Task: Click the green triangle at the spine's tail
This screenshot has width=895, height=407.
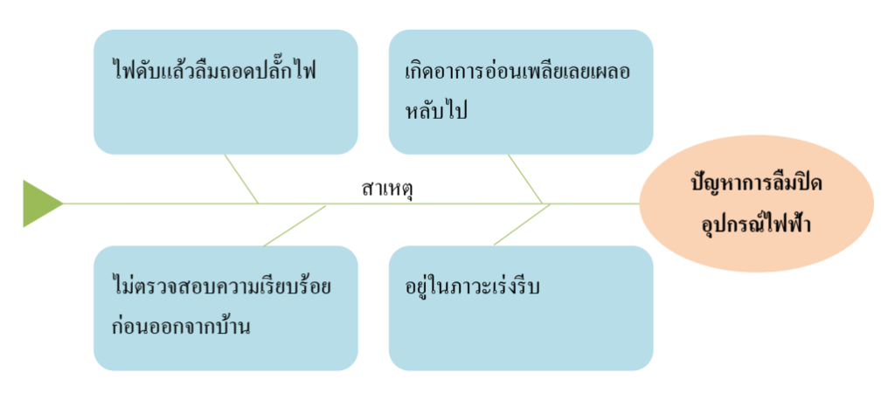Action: click(x=39, y=203)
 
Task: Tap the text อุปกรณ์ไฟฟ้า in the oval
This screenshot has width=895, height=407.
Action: click(x=757, y=224)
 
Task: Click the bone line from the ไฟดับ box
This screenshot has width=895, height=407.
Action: click(x=242, y=179)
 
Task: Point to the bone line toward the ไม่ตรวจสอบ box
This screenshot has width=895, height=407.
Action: click(x=294, y=225)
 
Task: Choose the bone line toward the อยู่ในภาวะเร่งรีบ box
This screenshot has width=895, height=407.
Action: click(x=521, y=224)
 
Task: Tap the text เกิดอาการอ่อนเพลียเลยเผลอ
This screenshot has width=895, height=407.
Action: click(x=517, y=72)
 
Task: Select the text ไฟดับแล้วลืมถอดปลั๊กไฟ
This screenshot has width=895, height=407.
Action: click(x=214, y=71)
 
